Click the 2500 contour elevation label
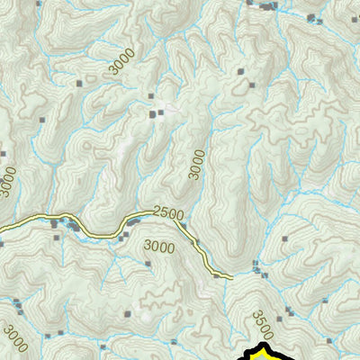[x=167, y=213]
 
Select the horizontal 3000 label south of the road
[x=159, y=246]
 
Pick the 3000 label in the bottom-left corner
[x=15, y=339]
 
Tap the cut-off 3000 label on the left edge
[x=7, y=181]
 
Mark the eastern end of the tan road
[x=231, y=276]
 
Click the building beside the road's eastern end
[x=216, y=277]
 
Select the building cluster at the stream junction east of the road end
[x=258, y=268]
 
